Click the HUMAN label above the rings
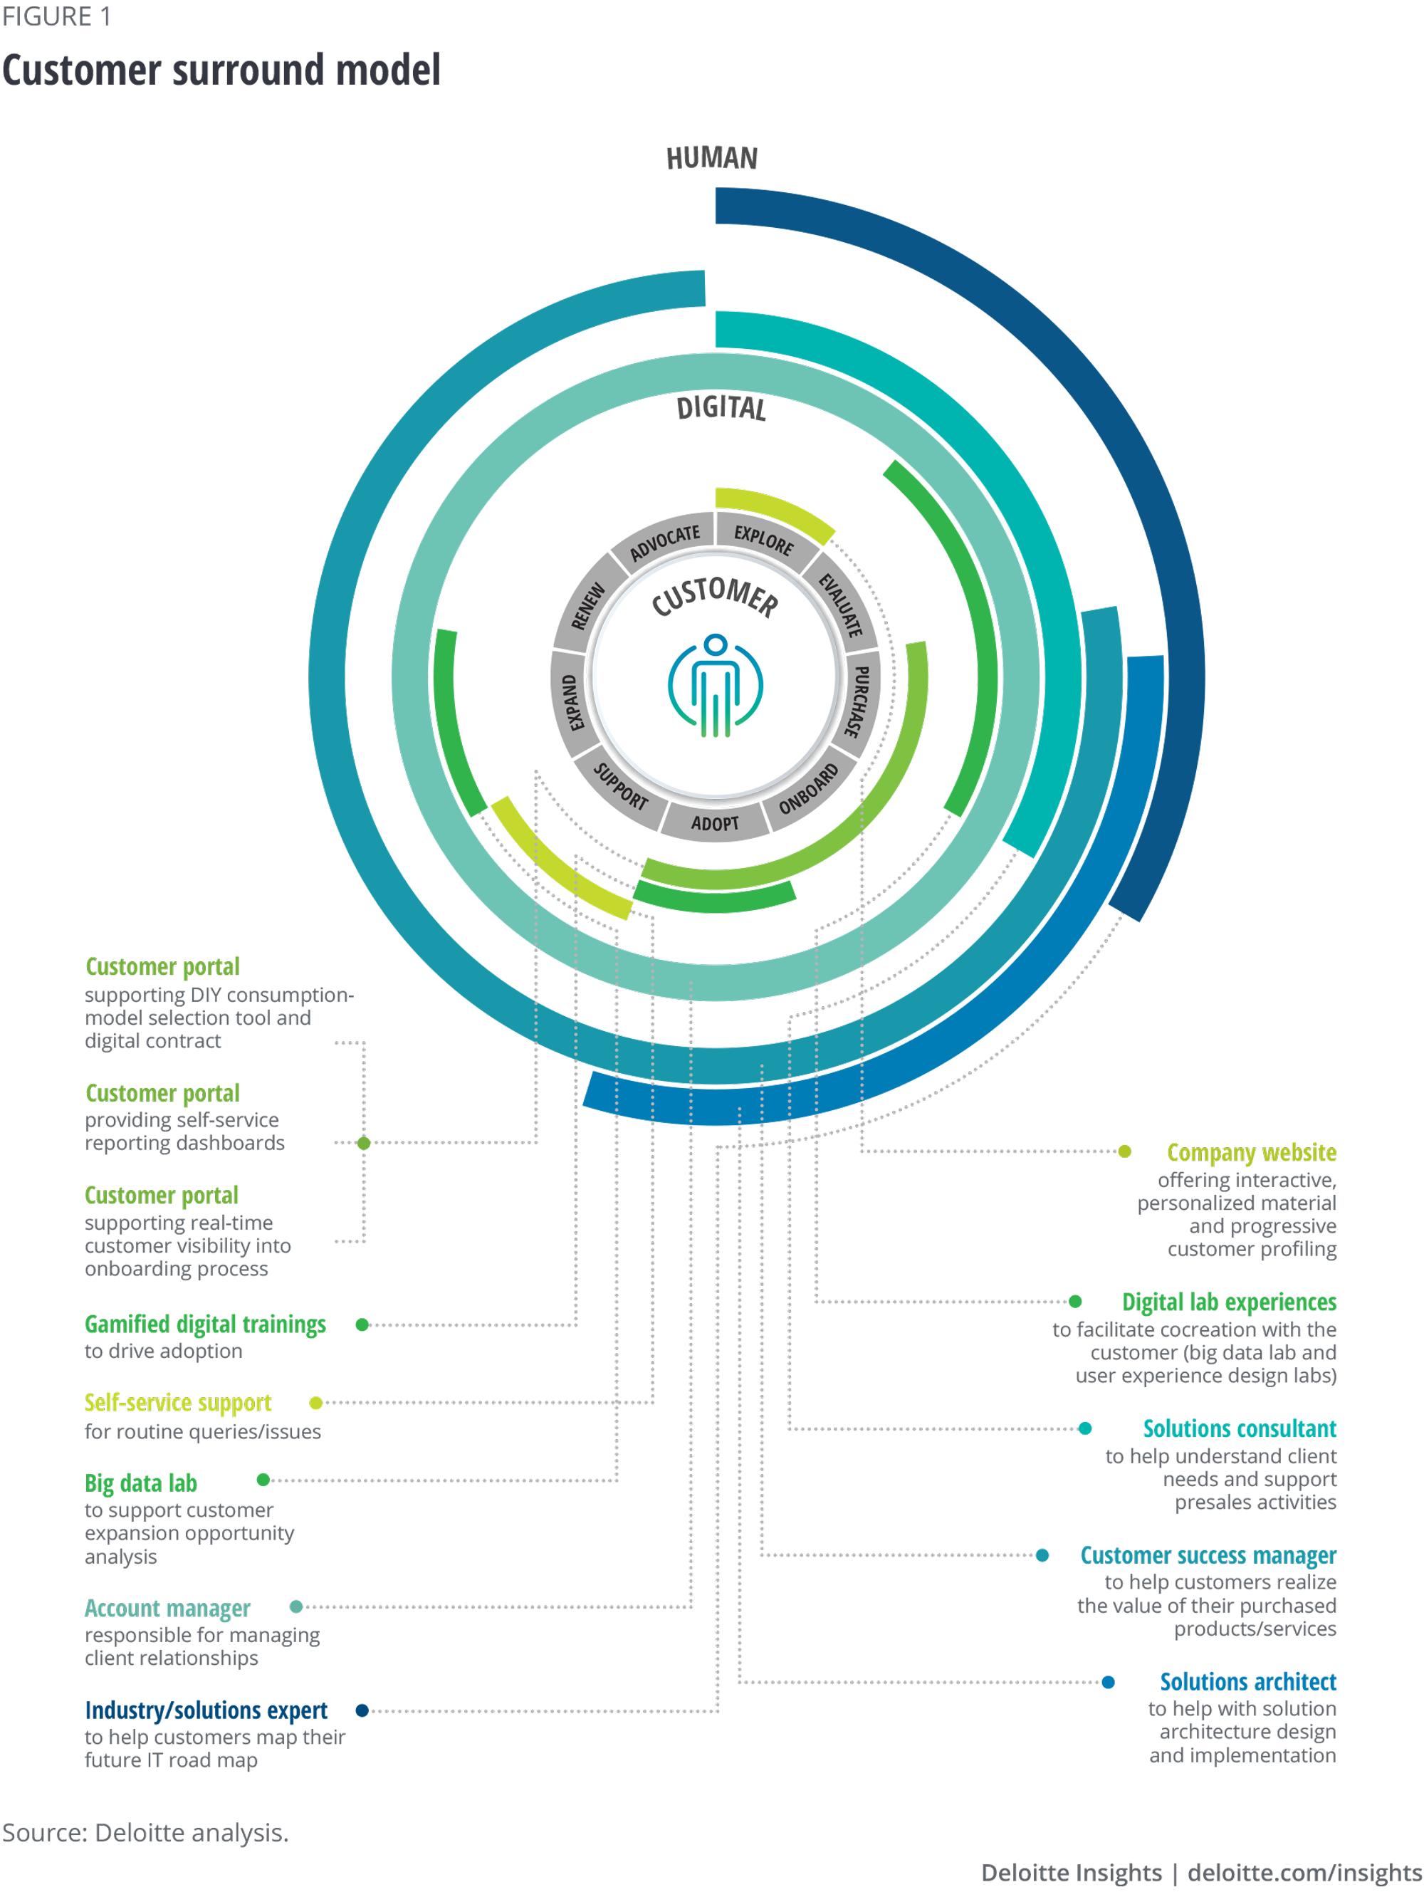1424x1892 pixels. point(711,158)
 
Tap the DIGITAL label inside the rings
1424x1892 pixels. point(721,408)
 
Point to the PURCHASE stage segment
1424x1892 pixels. point(858,701)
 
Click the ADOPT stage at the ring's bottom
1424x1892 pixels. point(715,823)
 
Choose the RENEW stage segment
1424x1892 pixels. point(587,605)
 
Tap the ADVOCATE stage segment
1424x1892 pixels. point(664,541)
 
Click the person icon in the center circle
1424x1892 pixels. point(715,685)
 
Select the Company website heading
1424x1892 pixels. point(1250,1152)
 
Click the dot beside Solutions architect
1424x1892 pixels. point(1108,1683)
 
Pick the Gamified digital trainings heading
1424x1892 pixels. point(205,1324)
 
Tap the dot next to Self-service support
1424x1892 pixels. point(315,1403)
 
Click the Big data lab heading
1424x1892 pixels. point(141,1483)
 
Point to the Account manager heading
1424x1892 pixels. point(167,1608)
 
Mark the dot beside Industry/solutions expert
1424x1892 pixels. point(362,1710)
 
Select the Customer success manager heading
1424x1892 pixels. point(1208,1555)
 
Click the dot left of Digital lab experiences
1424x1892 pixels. point(1075,1302)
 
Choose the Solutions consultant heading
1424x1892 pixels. point(1240,1428)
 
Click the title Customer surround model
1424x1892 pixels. point(221,70)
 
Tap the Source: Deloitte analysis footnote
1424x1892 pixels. point(145,1833)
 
